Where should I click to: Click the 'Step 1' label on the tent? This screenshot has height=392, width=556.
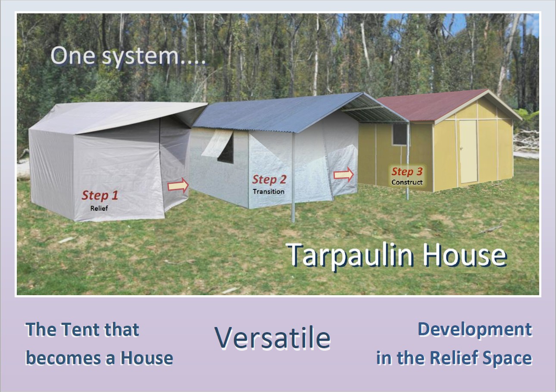click(100, 195)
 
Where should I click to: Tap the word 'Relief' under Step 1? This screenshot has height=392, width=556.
click(99, 208)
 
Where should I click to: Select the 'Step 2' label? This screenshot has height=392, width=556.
click(269, 179)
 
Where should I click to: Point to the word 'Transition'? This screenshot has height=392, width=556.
click(269, 191)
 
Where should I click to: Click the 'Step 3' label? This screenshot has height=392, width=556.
click(407, 171)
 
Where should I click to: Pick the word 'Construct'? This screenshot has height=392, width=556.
click(407, 182)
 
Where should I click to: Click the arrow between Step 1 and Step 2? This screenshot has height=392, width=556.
click(178, 185)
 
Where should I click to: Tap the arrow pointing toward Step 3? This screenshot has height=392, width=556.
click(344, 175)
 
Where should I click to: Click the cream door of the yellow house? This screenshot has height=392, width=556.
click(468, 151)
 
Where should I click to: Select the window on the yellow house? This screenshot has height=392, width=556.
click(400, 135)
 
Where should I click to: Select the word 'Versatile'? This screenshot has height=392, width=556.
click(273, 337)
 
